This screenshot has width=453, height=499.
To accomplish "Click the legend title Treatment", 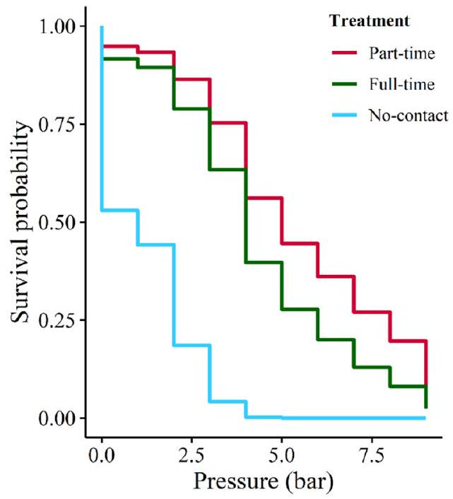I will [370, 22].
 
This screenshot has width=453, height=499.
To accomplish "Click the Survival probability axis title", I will [23, 223].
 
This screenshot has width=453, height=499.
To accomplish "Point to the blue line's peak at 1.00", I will [102, 28].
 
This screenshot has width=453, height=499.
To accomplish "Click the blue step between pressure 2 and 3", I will [192, 345].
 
